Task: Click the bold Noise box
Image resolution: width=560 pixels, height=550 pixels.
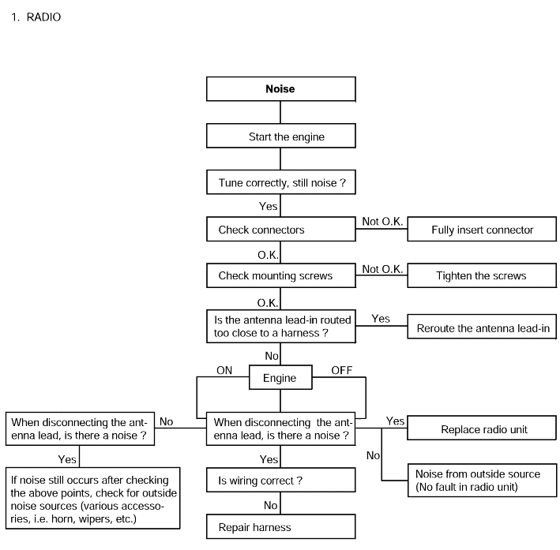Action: pyautogui.click(x=280, y=89)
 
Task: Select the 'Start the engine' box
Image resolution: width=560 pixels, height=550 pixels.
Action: pyautogui.click(x=280, y=136)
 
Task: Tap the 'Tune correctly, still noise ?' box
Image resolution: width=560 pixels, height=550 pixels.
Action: pyautogui.click(x=280, y=182)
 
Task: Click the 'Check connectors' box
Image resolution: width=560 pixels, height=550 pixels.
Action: pyautogui.click(x=280, y=229)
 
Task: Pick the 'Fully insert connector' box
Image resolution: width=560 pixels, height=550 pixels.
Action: pyautogui.click(x=482, y=229)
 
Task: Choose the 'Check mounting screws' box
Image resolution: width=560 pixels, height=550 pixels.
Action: pyautogui.click(x=280, y=275)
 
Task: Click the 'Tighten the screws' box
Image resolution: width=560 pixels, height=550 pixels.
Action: pyautogui.click(x=482, y=275)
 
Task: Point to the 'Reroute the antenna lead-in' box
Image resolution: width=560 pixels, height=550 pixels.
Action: pyautogui.click(x=482, y=327)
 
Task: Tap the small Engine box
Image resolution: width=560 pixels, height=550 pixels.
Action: pyautogui.click(x=280, y=377)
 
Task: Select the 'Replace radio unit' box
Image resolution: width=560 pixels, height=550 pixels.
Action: pyautogui.click(x=482, y=428)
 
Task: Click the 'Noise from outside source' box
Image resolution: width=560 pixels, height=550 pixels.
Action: pyautogui.click(x=482, y=481)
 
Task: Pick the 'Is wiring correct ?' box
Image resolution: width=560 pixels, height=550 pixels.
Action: pyautogui.click(x=280, y=480)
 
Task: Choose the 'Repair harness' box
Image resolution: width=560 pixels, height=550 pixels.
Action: pyautogui.click(x=280, y=526)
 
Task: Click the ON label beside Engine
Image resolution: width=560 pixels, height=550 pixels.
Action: pyautogui.click(x=224, y=370)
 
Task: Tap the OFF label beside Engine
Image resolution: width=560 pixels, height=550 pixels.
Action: pyautogui.click(x=342, y=370)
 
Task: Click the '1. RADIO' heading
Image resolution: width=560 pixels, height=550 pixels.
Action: pyautogui.click(x=36, y=17)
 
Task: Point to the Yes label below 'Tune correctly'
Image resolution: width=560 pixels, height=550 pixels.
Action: pyautogui.click(x=269, y=206)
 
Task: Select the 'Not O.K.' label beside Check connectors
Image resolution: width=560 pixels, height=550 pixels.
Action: pyautogui.click(x=382, y=222)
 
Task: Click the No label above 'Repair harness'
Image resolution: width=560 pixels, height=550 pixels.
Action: pyautogui.click(x=271, y=505)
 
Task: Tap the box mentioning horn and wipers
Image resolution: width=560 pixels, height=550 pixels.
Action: pyautogui.click(x=93, y=498)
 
